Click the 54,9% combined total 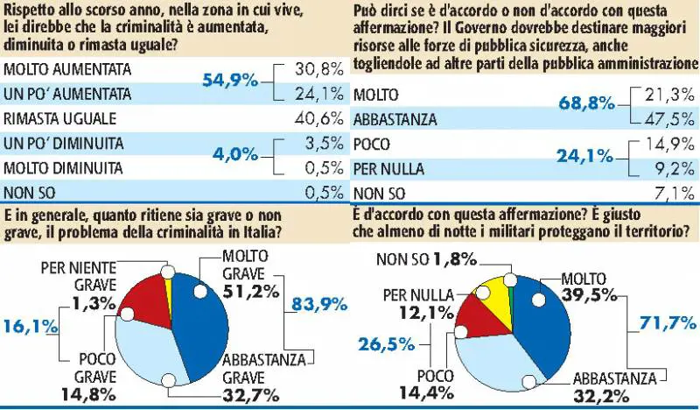pyautogui.click(x=230, y=80)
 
